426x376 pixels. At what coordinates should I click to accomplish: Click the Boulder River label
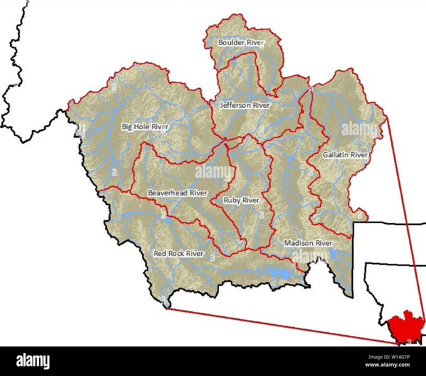point(241,43)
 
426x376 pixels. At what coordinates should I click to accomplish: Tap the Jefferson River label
point(245,105)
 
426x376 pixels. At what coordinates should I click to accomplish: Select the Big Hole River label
point(145,126)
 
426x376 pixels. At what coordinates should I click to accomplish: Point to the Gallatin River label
point(345,155)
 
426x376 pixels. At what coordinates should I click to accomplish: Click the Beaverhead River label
point(177,193)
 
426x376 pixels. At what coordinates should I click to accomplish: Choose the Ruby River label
point(241,200)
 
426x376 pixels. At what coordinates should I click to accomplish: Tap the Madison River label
point(308,243)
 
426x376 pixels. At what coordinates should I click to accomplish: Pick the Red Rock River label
point(179,253)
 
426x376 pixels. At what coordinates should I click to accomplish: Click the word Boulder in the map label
point(230,43)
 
